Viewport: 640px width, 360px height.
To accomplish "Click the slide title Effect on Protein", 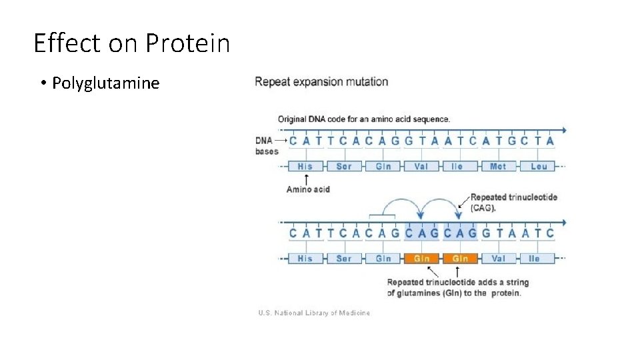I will tap(131, 44).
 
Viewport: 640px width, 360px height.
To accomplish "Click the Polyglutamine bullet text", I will tap(105, 83).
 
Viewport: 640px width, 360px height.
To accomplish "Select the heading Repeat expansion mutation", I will tap(321, 82).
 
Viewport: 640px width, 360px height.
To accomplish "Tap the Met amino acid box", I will tap(498, 166).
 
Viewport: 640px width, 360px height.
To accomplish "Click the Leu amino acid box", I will tap(539, 166).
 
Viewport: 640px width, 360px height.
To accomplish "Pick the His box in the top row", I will tap(305, 166).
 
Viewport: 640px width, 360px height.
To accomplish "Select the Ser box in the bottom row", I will tap(344, 259).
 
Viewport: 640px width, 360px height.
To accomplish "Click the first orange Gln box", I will tap(421, 259).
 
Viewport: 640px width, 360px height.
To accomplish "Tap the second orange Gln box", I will tap(460, 259).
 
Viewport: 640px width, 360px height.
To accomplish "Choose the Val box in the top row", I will tap(421, 166).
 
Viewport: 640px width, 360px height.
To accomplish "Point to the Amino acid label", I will tap(308, 189).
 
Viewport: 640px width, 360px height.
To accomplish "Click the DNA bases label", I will tap(267, 146).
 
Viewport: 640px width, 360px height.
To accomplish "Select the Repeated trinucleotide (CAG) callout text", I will tap(513, 202).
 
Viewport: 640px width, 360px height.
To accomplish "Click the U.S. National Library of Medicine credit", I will tap(313, 313).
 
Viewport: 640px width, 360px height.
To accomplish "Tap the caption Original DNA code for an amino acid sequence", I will tap(364, 119).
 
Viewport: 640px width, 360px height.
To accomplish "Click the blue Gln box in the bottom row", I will tap(383, 259).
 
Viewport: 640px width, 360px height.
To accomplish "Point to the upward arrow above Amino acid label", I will tap(306, 179).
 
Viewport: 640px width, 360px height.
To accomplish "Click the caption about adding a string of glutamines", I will tap(457, 287).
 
